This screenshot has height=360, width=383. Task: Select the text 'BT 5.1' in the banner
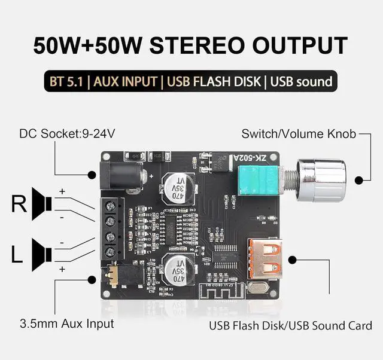click(66, 81)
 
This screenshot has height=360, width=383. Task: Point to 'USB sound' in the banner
click(300, 81)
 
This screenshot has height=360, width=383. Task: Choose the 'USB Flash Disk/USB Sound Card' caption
click(290, 326)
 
